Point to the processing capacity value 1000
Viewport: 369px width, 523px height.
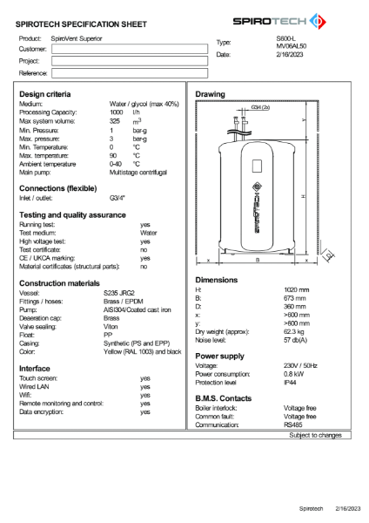click(x=116, y=112)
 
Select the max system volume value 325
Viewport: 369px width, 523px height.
click(x=115, y=121)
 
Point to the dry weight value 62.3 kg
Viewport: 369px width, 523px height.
click(x=297, y=332)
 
